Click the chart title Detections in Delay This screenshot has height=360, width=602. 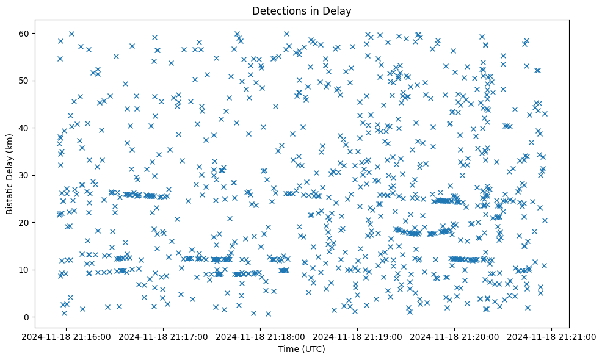coord(302,10)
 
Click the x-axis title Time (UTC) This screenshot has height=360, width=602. coord(302,350)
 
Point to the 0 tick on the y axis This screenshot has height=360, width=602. coord(26,317)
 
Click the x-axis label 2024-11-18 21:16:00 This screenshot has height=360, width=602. coord(67,337)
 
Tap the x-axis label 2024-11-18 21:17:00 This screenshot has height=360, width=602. coord(164,337)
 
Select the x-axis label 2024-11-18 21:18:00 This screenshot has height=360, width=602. coord(261,337)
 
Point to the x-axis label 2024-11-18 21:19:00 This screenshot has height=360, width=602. coord(358,337)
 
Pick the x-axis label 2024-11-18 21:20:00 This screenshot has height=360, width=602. coord(455,337)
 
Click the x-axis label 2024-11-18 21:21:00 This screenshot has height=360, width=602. coord(552,337)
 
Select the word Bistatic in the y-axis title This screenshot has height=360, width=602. coord(10,193)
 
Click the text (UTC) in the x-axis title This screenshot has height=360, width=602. coord(313,350)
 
